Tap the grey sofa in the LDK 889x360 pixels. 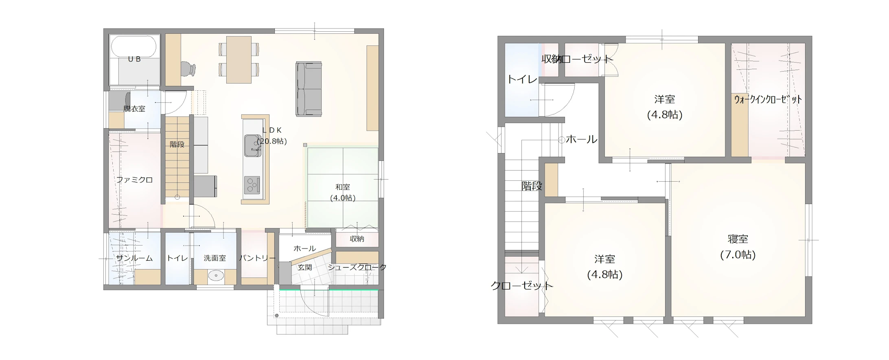tap(309, 89)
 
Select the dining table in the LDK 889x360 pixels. tap(239, 59)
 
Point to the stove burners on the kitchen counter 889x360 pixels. tap(252, 185)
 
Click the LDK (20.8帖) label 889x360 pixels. tap(272, 136)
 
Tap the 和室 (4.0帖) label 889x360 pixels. tap(343, 192)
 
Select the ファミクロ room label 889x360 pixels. tap(134, 180)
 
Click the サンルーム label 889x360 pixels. tap(134, 258)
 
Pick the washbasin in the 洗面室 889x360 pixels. tap(215, 276)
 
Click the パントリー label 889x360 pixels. tap(257, 258)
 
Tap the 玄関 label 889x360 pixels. tap(304, 267)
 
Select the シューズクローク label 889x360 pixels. tap(357, 267)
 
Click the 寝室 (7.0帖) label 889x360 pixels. tap(738, 247)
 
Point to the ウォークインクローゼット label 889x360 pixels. tap(768, 99)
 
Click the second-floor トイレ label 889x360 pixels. tap(522, 79)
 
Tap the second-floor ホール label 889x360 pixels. tap(582, 139)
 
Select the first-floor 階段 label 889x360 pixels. tap(177, 144)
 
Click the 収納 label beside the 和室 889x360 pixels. tap(357, 239)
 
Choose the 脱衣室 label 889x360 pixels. tap(134, 109)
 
